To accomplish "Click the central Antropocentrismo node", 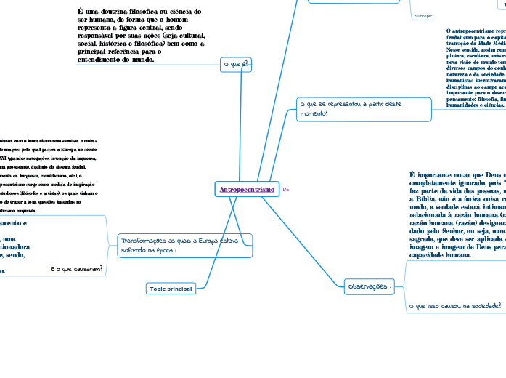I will (247, 190).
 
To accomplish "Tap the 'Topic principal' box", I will (171, 289).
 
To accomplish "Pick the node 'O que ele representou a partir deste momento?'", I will (364, 108).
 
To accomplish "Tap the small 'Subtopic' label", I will (423, 15).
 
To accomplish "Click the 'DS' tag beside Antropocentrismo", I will (286, 190).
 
